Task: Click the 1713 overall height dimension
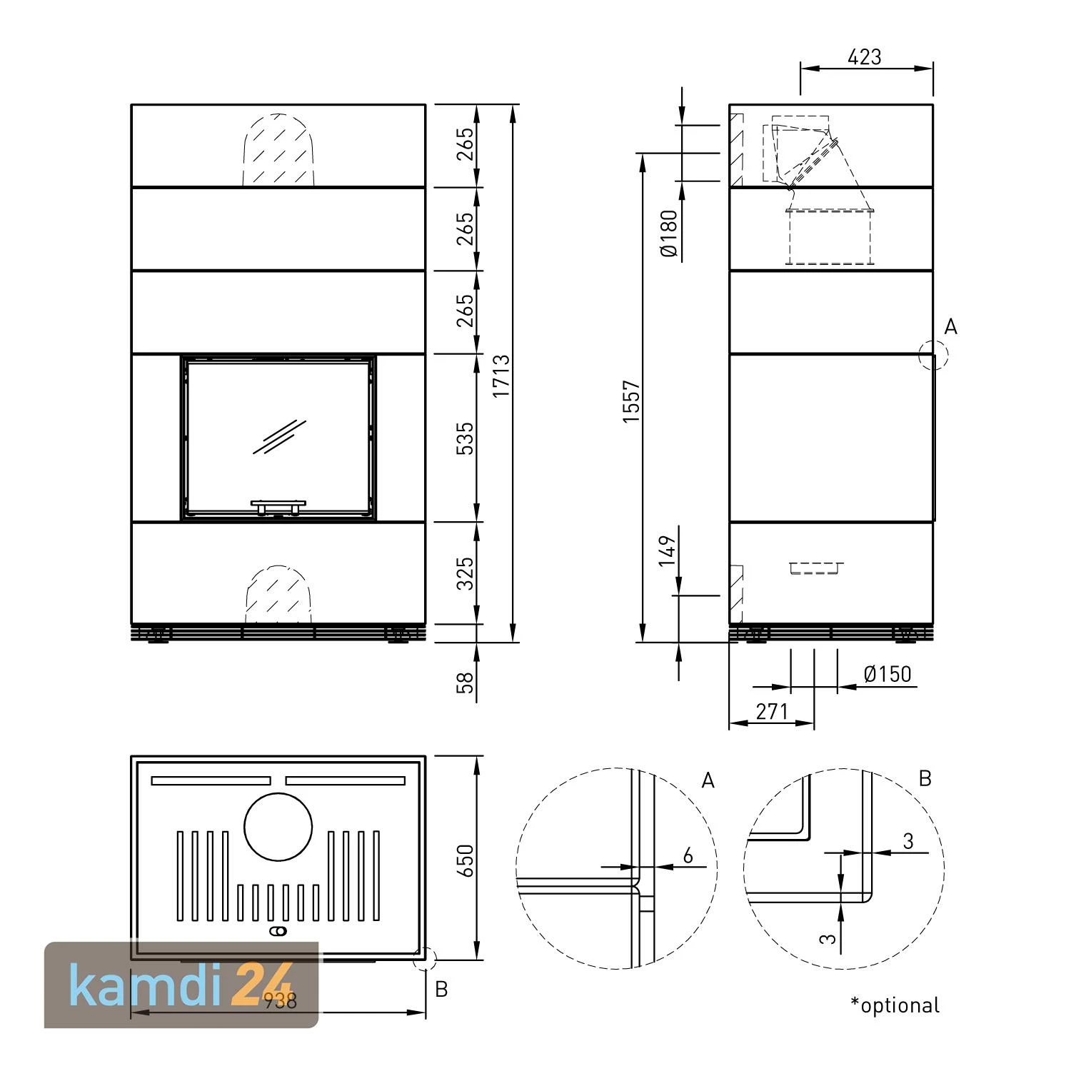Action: (x=501, y=376)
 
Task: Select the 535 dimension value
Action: (x=465, y=438)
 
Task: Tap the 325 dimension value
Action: (x=465, y=573)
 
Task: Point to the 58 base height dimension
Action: (x=465, y=683)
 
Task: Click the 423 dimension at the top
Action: (x=865, y=56)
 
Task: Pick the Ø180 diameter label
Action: (x=668, y=233)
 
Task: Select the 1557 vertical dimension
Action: (x=632, y=402)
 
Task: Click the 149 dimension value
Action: (x=667, y=551)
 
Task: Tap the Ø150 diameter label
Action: (x=888, y=674)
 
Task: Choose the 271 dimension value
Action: (x=772, y=711)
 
